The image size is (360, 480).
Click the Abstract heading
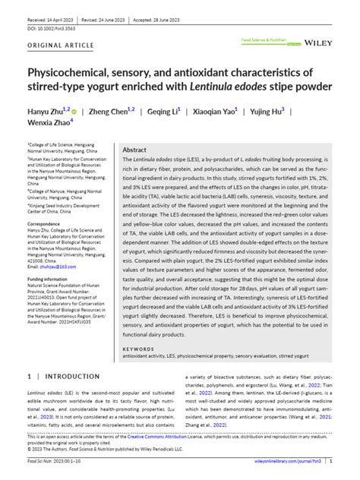coord(134,150)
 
